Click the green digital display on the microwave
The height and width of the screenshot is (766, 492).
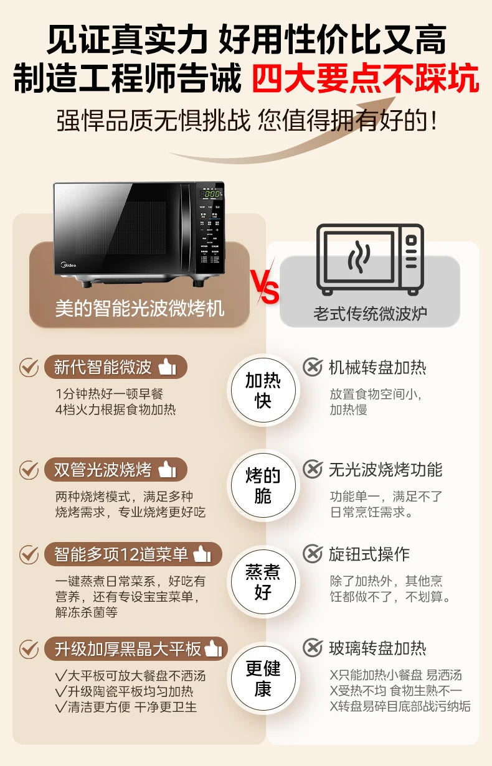point(210,194)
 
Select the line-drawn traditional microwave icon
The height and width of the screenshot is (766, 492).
point(369,259)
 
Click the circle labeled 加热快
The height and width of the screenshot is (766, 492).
point(262,391)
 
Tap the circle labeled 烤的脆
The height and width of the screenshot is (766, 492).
point(262,486)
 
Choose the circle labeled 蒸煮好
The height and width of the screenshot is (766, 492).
point(262,582)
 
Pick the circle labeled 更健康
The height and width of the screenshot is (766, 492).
point(262,678)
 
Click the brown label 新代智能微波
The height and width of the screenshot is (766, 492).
point(115,367)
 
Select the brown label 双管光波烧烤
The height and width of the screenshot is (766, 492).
point(115,470)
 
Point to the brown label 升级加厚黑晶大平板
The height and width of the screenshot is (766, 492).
point(136,649)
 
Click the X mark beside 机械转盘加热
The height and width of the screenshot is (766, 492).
point(312,367)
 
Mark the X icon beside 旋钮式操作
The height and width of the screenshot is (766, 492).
point(312,554)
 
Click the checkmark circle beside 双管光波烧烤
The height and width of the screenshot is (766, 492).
point(29,470)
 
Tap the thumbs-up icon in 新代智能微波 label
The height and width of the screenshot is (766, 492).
point(167,367)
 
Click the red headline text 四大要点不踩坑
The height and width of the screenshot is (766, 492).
point(365,81)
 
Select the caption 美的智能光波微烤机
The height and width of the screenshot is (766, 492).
point(140,308)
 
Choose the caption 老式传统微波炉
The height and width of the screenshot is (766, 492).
point(370,312)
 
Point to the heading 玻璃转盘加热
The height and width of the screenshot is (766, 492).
point(377,648)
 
